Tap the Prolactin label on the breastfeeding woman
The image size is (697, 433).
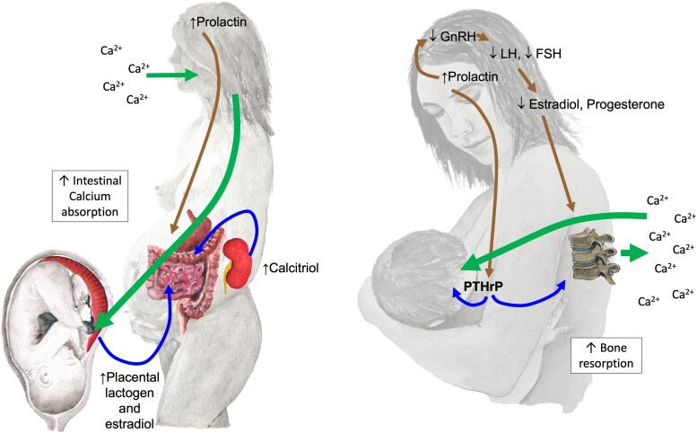tap(468, 79)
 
